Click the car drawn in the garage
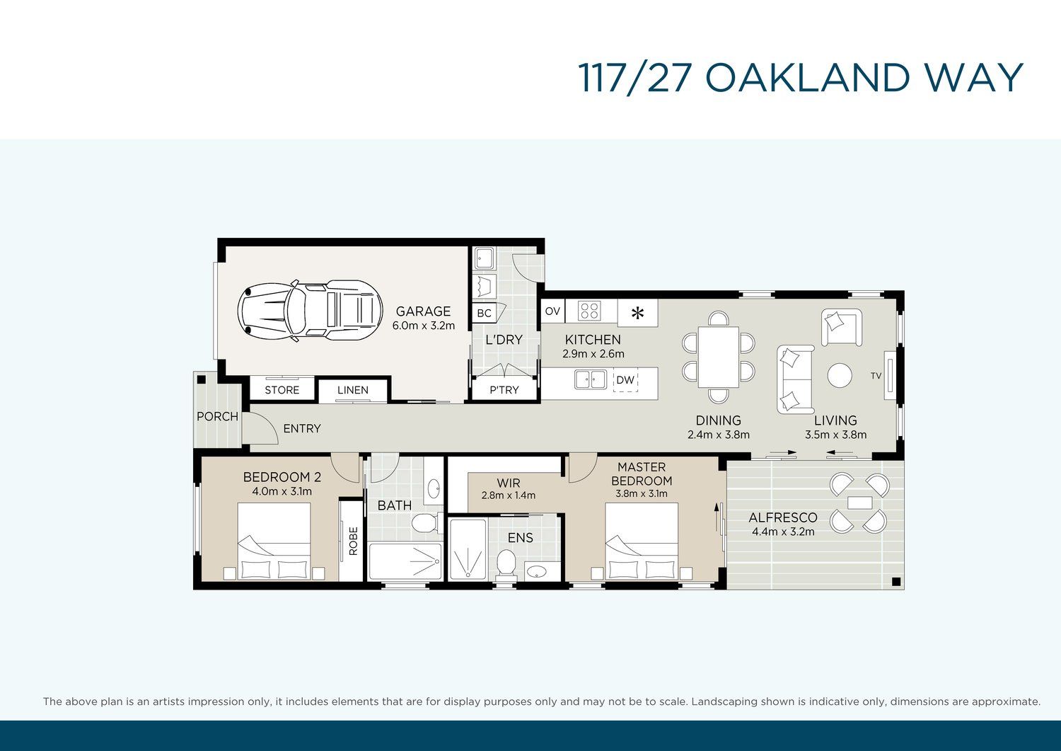(x=310, y=311)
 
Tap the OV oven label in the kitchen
(x=552, y=311)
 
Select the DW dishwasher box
(x=625, y=380)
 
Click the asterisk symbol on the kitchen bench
(x=637, y=313)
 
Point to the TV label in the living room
(x=876, y=375)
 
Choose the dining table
(x=719, y=357)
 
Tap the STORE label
(x=282, y=390)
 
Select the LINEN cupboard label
(x=353, y=390)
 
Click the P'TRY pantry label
(x=504, y=390)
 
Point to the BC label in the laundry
(x=484, y=313)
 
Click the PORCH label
(x=217, y=416)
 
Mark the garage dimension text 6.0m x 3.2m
(x=424, y=326)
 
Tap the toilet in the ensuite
(x=506, y=564)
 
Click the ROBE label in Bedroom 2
(x=354, y=541)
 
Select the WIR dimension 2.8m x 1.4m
(x=509, y=495)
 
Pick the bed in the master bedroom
(x=642, y=541)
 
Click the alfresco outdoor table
(x=859, y=503)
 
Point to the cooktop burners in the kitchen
(x=590, y=311)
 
